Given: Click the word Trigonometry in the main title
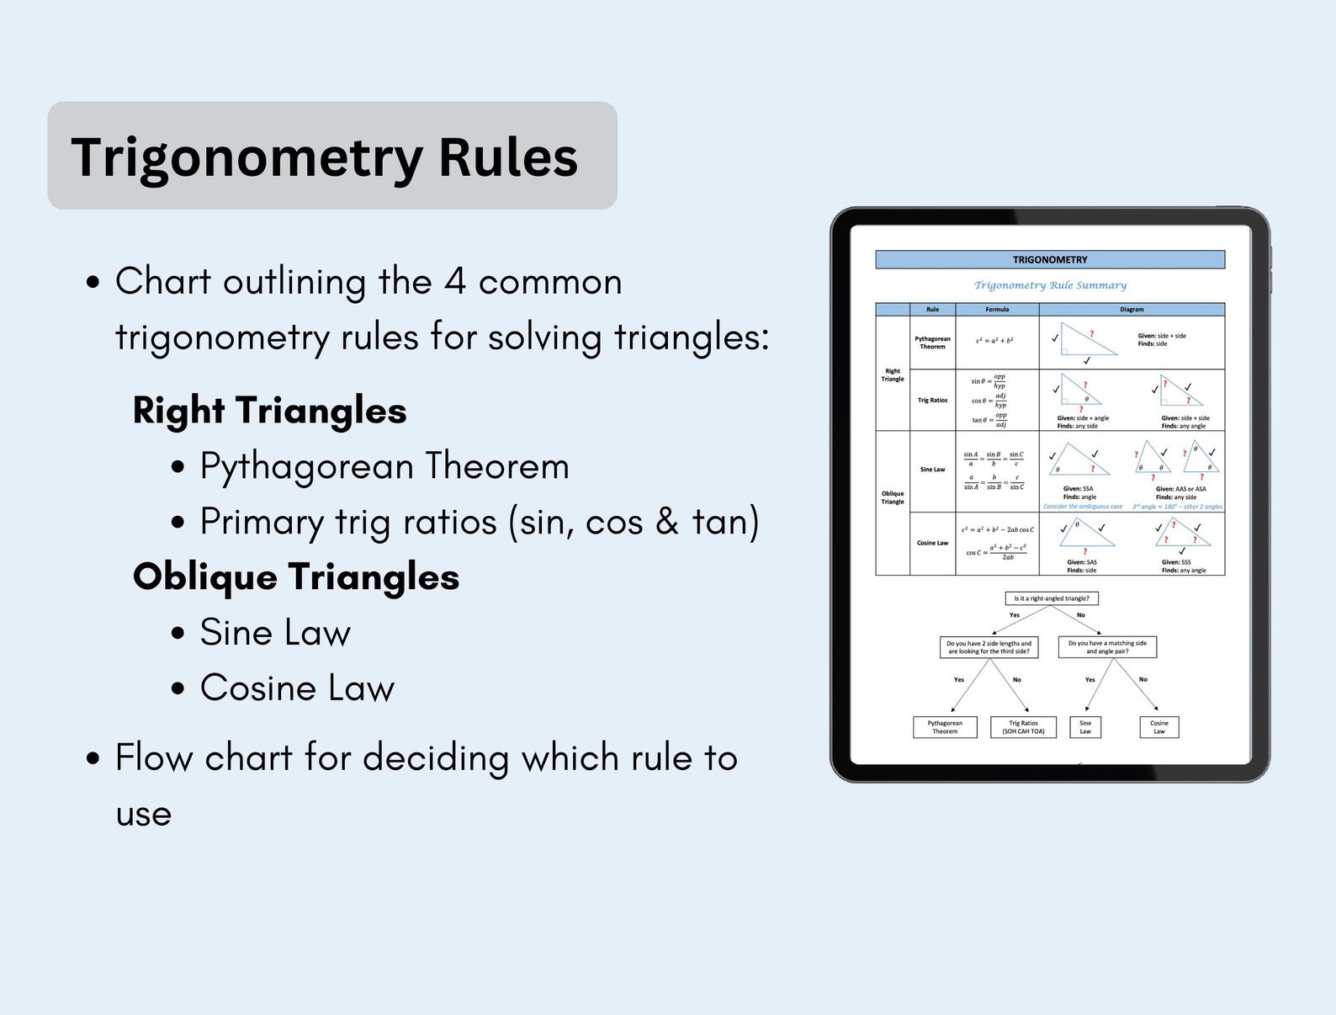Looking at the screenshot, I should (247, 157).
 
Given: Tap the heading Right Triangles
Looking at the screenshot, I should (269, 411).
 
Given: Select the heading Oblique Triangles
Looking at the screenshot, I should (296, 577).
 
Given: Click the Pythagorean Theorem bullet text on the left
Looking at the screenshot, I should (384, 466).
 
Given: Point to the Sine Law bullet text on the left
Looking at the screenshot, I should (275, 633).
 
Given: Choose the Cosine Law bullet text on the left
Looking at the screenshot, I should (297, 688).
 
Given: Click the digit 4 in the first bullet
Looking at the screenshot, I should (454, 282).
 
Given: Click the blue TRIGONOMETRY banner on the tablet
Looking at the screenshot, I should (1049, 260).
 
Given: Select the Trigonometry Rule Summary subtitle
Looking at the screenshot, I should (1050, 285).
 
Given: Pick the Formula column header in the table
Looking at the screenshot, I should (997, 310).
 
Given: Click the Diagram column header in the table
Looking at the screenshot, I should (1132, 310).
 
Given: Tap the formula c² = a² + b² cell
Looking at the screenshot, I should (994, 341).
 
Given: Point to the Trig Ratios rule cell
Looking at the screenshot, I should (932, 401).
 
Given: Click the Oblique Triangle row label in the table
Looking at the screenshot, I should (893, 498).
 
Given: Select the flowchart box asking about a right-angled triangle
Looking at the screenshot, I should (1052, 598).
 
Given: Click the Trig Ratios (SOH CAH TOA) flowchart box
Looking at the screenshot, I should (1023, 727).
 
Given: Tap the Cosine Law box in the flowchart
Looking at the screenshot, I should (1158, 727).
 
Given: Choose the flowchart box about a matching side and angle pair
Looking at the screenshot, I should (1107, 647).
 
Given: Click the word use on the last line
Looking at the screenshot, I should (144, 815).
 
